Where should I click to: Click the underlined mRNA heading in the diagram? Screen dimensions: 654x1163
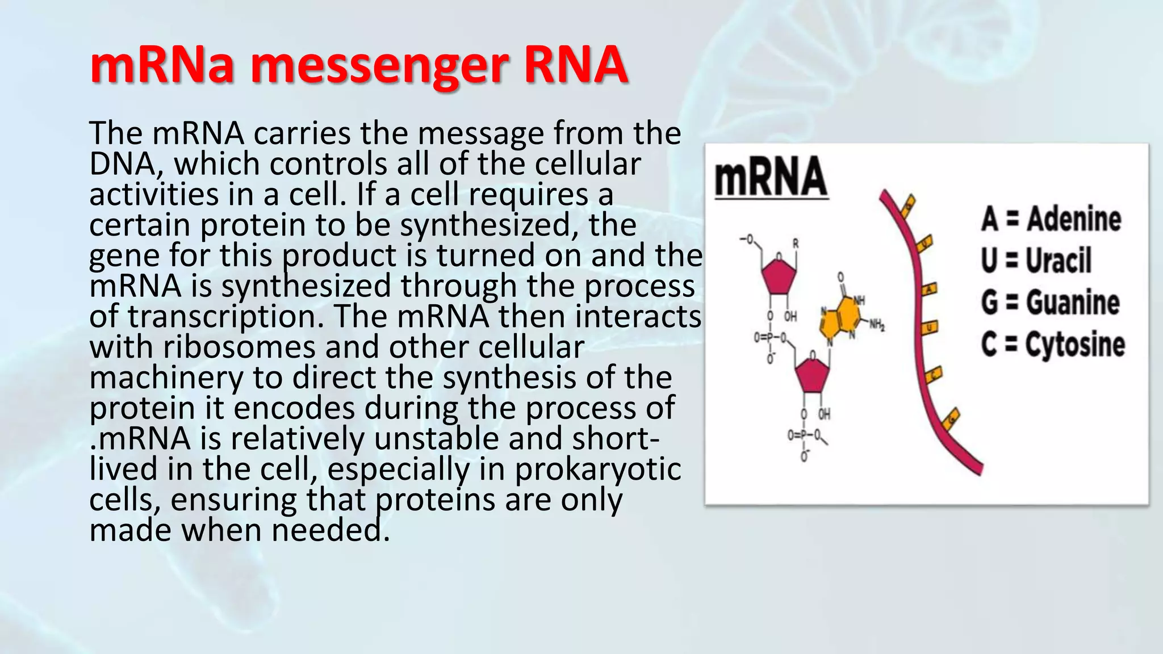(x=771, y=177)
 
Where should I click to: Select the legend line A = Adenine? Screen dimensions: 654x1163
(x=1051, y=219)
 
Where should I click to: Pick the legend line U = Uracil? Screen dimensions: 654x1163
(x=1036, y=261)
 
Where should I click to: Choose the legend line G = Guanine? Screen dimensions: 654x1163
(x=1050, y=302)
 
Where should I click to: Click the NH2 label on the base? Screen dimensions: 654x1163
(x=876, y=325)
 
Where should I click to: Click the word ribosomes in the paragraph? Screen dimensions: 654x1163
(x=239, y=347)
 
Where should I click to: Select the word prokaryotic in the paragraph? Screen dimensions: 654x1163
(x=597, y=470)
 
